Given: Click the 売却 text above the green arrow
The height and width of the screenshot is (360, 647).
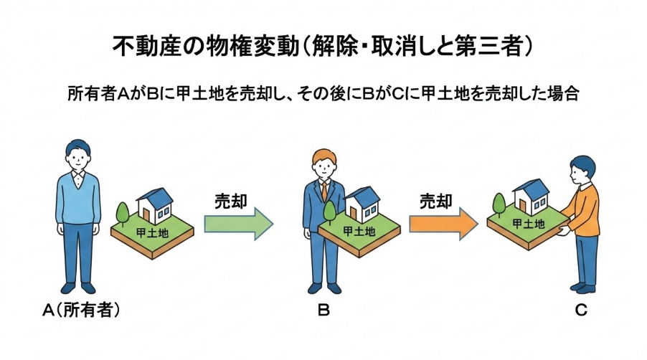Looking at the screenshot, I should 231,202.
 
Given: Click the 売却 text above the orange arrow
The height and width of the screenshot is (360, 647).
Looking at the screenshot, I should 435,202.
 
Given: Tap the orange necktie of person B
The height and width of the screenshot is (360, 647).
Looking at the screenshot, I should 324,191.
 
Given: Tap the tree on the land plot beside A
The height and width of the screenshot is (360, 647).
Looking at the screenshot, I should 122,212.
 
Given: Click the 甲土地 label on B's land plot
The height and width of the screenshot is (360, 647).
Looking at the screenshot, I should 359,231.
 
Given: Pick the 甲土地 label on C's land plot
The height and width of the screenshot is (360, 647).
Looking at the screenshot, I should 528,223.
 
